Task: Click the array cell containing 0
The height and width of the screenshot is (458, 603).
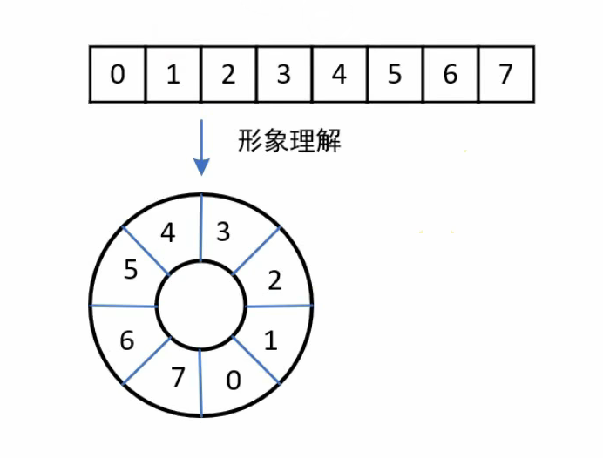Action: click(x=118, y=75)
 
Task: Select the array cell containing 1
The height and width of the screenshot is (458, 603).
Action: click(x=173, y=75)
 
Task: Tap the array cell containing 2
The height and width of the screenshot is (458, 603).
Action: click(x=228, y=75)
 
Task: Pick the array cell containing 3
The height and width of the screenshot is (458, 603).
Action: click(x=283, y=75)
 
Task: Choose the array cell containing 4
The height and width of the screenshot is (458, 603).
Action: click(x=339, y=75)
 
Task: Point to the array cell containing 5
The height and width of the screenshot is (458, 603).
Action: click(x=394, y=75)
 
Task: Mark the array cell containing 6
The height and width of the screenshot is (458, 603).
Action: click(x=450, y=75)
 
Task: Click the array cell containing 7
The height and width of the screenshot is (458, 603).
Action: click(x=505, y=75)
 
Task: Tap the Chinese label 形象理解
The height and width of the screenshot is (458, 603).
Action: click(x=289, y=141)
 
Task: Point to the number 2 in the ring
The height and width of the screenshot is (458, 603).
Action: click(x=274, y=280)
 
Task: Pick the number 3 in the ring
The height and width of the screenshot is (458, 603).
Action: click(x=223, y=232)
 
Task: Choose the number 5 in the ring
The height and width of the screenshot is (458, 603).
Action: click(x=131, y=270)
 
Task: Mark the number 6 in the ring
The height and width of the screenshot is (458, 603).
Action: click(x=127, y=340)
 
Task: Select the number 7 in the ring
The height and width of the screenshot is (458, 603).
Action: click(x=179, y=379)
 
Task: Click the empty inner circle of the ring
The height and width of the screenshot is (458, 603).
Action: click(x=201, y=306)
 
